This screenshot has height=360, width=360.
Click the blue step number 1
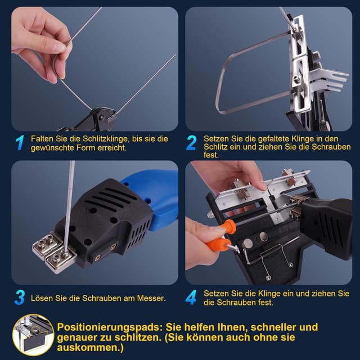tap(20, 143)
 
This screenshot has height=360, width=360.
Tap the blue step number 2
tap(192, 143)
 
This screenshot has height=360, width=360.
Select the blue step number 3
tap(20, 298)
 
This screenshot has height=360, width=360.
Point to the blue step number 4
tap(192, 297)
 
